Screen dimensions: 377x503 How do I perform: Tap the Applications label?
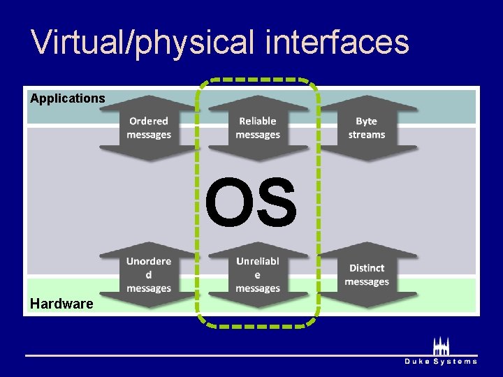[68, 98]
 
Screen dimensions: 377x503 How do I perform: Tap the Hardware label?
[61, 304]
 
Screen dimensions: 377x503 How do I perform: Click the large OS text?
[251, 203]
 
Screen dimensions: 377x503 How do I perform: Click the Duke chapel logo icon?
[441, 346]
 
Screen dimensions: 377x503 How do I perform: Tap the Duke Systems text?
[441, 361]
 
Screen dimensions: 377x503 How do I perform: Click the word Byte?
[367, 121]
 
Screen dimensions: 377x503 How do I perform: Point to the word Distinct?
[367, 268]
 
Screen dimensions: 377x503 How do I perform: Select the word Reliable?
[258, 121]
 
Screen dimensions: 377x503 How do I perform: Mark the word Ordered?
[149, 121]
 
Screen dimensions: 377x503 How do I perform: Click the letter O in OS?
[228, 203]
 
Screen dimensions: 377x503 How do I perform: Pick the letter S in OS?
[275, 203]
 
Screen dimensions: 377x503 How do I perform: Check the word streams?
[367, 135]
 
